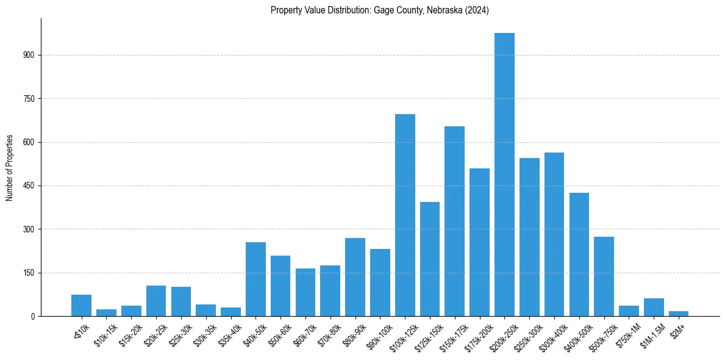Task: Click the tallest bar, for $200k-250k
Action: [x=504, y=175]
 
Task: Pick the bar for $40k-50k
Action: [x=255, y=279]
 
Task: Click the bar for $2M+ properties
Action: [x=678, y=314]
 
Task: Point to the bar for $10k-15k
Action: [x=106, y=312]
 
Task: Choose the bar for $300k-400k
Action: [x=554, y=234]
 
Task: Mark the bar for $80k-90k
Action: [x=355, y=277]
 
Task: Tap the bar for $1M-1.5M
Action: [x=654, y=307]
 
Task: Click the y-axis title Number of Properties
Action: [x=10, y=167]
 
